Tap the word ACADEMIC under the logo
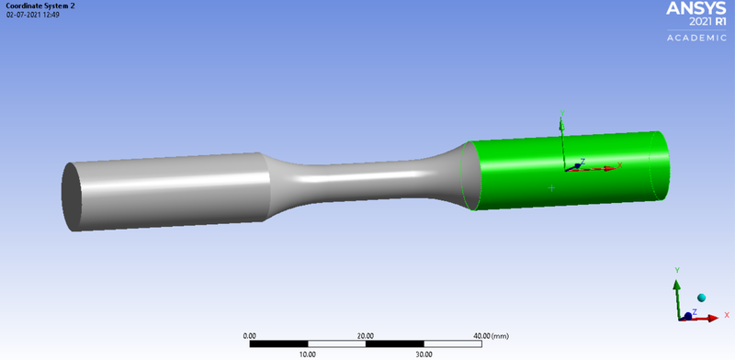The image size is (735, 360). [695, 38]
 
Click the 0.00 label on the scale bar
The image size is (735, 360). [250, 335]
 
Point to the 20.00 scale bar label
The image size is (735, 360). [365, 335]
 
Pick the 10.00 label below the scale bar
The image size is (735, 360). [307, 354]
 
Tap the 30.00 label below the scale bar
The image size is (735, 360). [423, 354]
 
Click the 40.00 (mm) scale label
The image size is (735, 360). [490, 335]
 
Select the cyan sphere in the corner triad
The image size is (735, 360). [701, 298]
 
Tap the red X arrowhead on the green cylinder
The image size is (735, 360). [613, 166]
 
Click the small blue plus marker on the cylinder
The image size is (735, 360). [551, 188]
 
